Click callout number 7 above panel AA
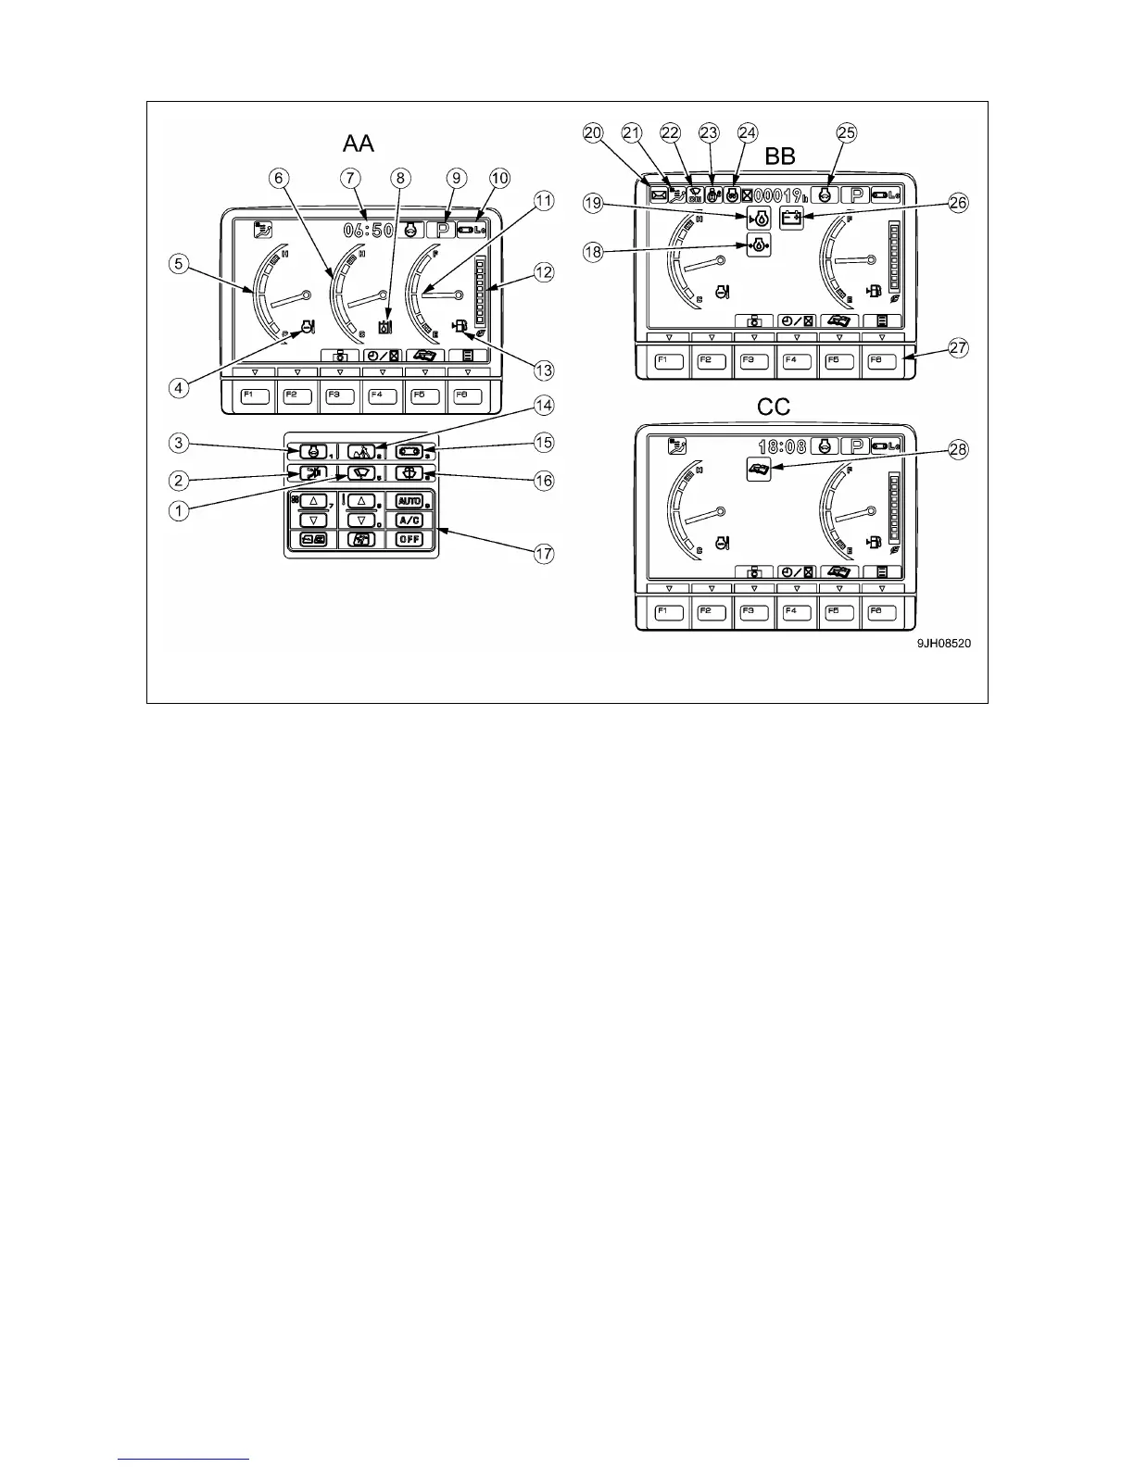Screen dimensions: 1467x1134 349,177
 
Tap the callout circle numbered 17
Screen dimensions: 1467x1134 543,554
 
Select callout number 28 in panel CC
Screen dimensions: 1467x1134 959,449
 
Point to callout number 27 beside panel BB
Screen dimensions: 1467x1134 959,348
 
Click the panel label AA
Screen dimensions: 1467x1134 358,143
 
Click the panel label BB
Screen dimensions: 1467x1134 779,157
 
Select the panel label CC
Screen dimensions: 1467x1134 775,407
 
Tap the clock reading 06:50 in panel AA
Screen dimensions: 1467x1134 369,229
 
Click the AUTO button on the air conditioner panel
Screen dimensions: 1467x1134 409,501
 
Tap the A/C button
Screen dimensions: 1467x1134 409,520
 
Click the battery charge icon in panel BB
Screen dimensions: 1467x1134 791,219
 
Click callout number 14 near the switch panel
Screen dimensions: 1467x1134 543,406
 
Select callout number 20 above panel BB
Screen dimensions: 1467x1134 592,133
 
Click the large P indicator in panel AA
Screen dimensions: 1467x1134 438,230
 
